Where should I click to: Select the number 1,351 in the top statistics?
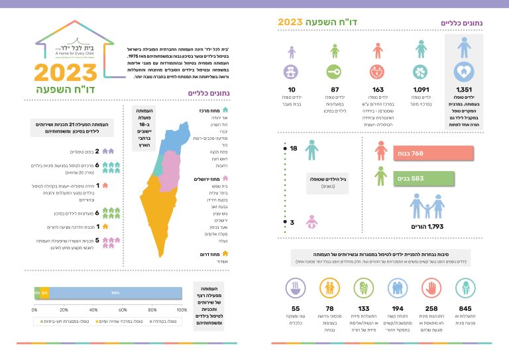pyautogui.click(x=464, y=90)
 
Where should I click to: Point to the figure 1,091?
pyautogui.click(x=422, y=90)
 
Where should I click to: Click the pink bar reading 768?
pyautogui.click(x=434, y=153)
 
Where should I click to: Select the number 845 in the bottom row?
pyautogui.click(x=465, y=308)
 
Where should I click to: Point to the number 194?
pyautogui.click(x=397, y=308)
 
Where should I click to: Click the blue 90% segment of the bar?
pyautogui.click(x=115, y=292)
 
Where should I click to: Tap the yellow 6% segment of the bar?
pyautogui.click(x=44, y=292)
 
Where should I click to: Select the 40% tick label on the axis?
pyautogui.click(x=94, y=310)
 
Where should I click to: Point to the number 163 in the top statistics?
pyautogui.click(x=378, y=90)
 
